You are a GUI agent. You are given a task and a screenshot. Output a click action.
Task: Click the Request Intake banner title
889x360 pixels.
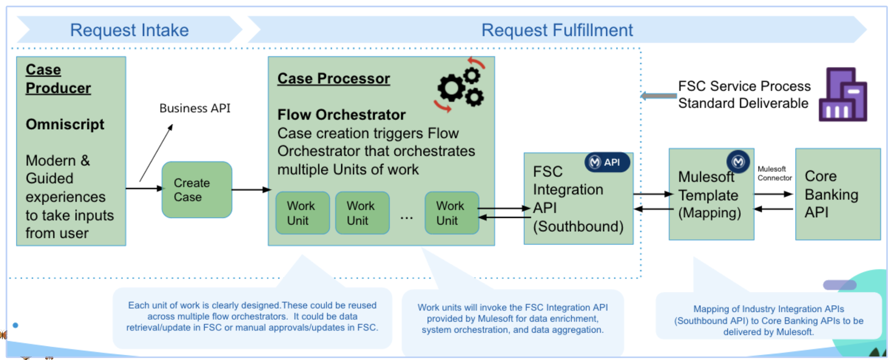[x=129, y=30]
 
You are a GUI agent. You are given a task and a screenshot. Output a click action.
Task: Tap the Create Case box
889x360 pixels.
[x=197, y=190]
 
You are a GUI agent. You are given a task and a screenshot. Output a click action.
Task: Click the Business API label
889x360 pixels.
[x=194, y=108]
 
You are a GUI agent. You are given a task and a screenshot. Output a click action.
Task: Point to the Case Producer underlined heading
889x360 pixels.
[x=58, y=79]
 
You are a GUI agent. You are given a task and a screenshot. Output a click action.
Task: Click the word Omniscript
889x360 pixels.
[x=65, y=124]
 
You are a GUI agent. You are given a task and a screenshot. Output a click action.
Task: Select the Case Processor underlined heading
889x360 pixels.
[x=333, y=78]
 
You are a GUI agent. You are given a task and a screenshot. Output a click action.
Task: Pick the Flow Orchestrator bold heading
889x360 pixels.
[x=341, y=115]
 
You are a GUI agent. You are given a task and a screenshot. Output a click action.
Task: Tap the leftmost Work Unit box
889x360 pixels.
[x=302, y=213]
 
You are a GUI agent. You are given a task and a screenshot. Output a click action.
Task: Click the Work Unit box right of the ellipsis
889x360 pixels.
[x=452, y=213]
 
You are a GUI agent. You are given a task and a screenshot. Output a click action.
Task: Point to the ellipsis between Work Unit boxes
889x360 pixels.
[x=407, y=218]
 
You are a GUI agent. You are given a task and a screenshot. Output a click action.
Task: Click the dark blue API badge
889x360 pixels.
[x=607, y=162]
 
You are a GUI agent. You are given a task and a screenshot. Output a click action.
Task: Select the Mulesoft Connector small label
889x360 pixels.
[x=774, y=173]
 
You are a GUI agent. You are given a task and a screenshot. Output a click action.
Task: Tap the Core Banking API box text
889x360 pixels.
[x=831, y=194]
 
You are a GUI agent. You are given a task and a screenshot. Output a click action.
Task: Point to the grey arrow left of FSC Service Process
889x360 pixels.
[x=659, y=96]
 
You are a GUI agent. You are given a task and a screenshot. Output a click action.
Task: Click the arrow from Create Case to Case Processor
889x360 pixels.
[x=250, y=190]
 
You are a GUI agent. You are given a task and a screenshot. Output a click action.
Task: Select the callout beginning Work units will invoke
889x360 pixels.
[x=512, y=319]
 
